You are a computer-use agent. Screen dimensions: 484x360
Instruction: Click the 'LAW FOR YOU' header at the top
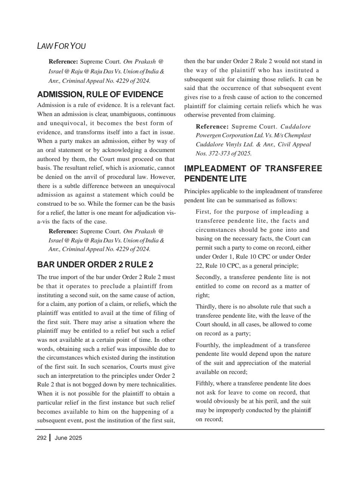[x=62, y=46]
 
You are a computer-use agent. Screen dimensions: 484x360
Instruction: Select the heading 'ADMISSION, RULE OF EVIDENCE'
[x=100, y=95]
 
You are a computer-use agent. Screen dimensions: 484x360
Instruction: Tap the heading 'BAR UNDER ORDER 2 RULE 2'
[x=95, y=264]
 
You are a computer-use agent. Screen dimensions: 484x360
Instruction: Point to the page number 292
[x=42, y=438]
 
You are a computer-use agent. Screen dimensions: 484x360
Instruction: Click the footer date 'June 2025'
[x=68, y=438]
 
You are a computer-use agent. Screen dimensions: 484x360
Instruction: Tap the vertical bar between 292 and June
[x=50, y=438]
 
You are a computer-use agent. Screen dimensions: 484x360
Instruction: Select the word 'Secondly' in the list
[x=207, y=277]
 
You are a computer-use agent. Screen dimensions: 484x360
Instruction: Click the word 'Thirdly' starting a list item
[x=206, y=307]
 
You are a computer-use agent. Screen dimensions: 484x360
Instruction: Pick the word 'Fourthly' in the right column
[x=207, y=345]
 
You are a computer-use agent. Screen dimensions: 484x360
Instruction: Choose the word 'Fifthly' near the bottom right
[x=205, y=383]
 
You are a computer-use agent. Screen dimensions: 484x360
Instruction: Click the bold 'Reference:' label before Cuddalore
[x=212, y=127]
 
